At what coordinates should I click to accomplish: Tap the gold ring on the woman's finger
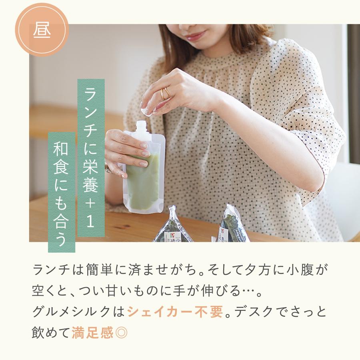[x=164, y=94]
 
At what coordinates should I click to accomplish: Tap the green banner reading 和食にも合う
[x=62, y=192]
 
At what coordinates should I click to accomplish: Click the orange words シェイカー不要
[x=174, y=312]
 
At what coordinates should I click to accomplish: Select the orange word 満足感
[x=92, y=333]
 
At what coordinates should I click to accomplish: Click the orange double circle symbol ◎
[x=121, y=333]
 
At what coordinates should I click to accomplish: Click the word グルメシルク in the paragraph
[x=72, y=312]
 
